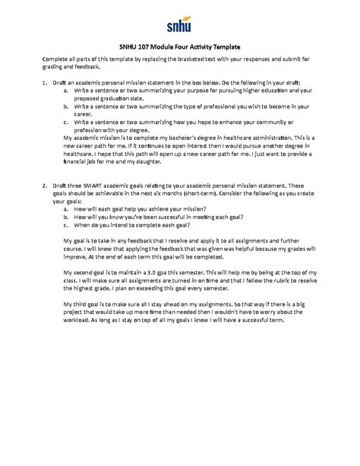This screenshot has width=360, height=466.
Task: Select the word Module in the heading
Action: pyautogui.click(x=173, y=44)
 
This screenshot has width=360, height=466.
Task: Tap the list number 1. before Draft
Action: pyautogui.click(x=45, y=79)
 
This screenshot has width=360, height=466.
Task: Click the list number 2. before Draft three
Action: pyautogui.click(x=45, y=185)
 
